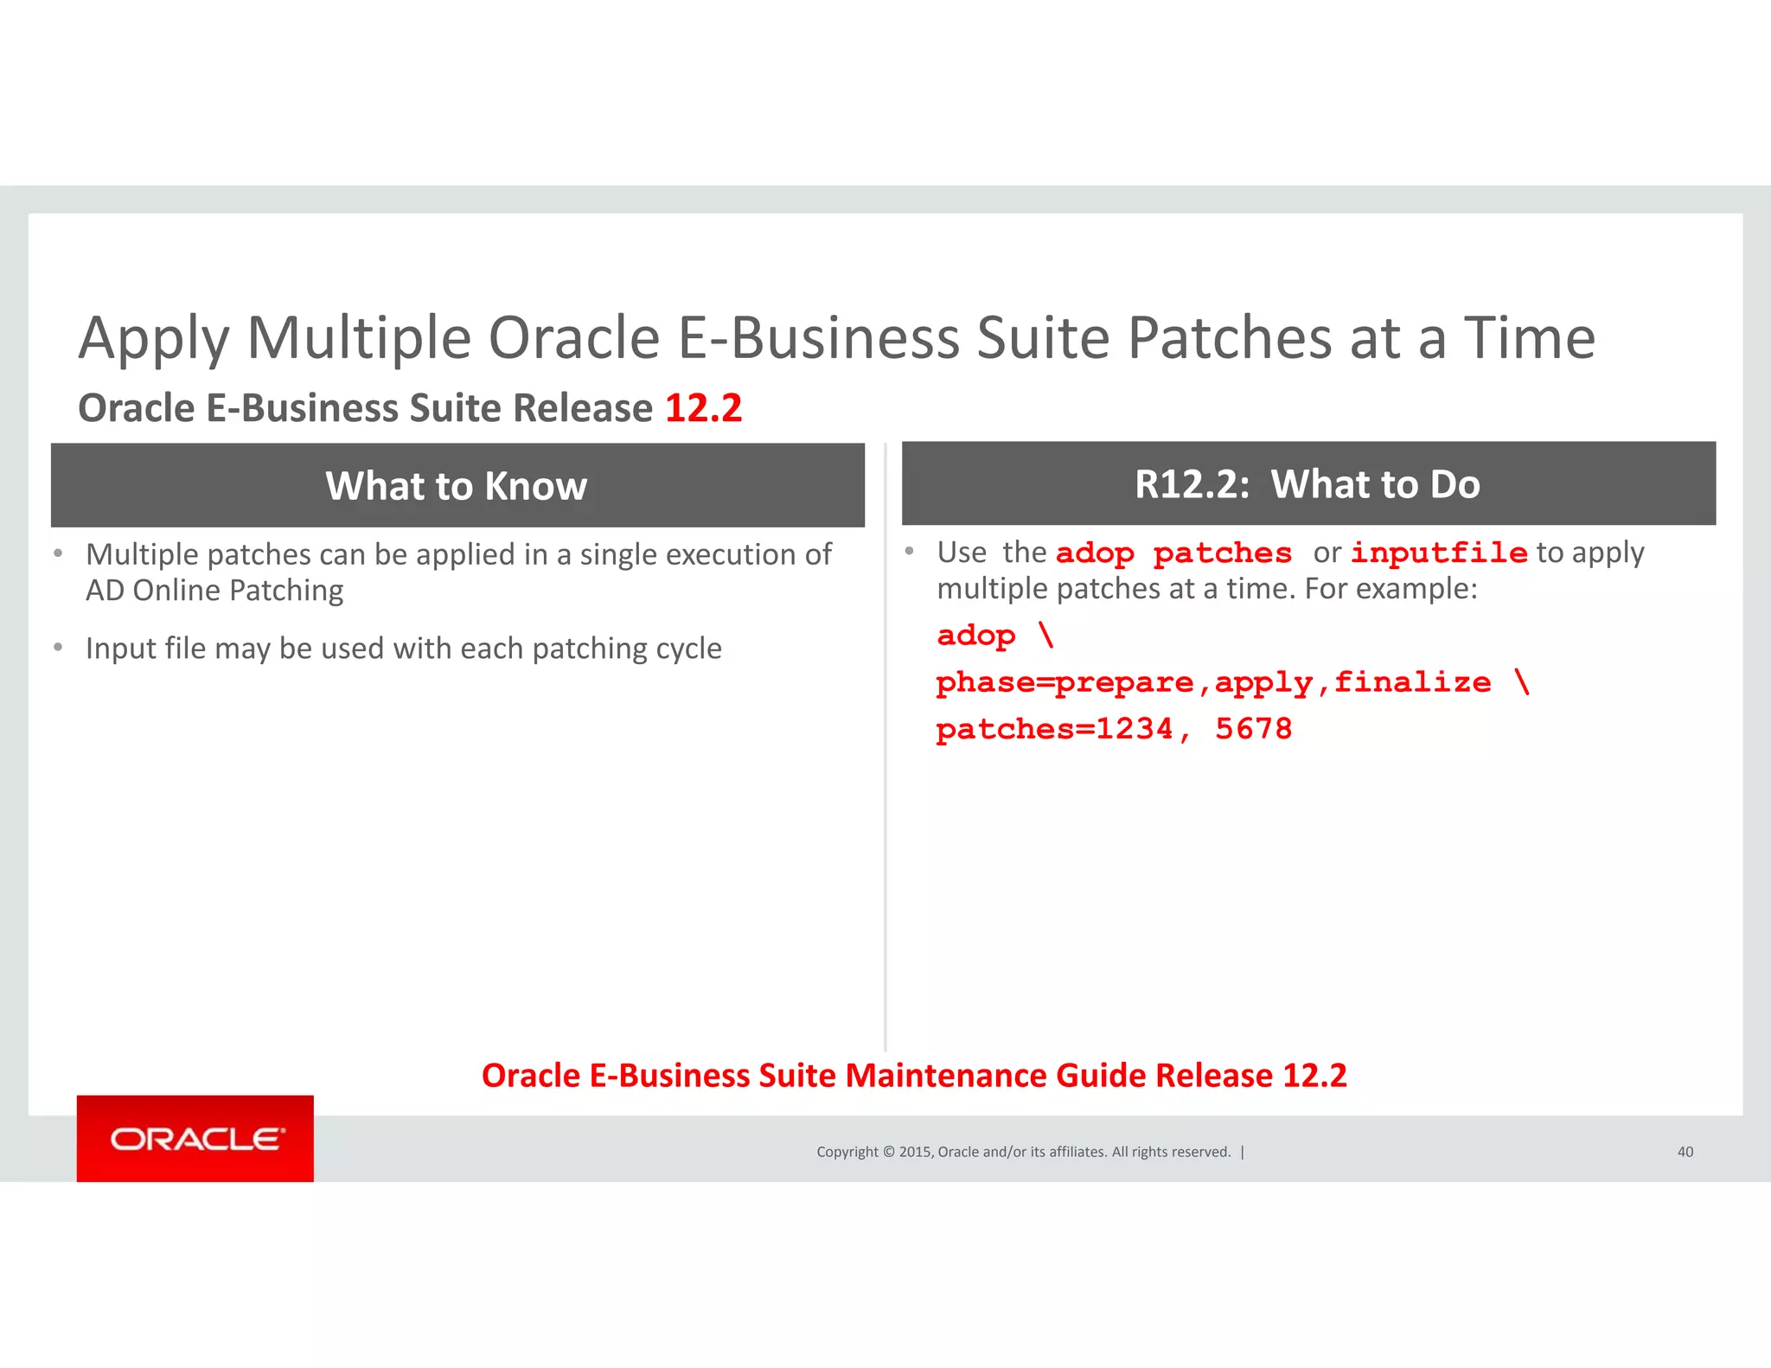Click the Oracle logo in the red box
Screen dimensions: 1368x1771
pos(195,1139)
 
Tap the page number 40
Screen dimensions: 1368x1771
pos(1685,1152)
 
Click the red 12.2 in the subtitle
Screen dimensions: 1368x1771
pos(703,408)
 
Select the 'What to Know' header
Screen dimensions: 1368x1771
pos(457,486)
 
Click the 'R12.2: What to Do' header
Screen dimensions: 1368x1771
pos(1307,484)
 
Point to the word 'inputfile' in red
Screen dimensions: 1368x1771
pos(1439,553)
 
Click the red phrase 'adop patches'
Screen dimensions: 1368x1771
pos(1173,553)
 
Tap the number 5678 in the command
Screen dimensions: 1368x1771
pos(1253,729)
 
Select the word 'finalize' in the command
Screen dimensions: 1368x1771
pos(1412,682)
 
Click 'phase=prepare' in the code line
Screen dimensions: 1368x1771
pos(1065,683)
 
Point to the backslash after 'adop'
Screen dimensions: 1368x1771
pos(1046,635)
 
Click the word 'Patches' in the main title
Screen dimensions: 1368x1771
pos(1230,338)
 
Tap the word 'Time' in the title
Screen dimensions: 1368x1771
pos(1528,338)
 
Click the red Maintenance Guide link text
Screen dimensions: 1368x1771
pos(914,1076)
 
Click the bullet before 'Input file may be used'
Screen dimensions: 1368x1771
pos(58,647)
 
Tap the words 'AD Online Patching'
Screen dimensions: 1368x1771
pos(214,591)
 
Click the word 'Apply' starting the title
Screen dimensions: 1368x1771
pos(154,340)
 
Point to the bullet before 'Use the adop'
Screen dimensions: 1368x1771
pos(909,551)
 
